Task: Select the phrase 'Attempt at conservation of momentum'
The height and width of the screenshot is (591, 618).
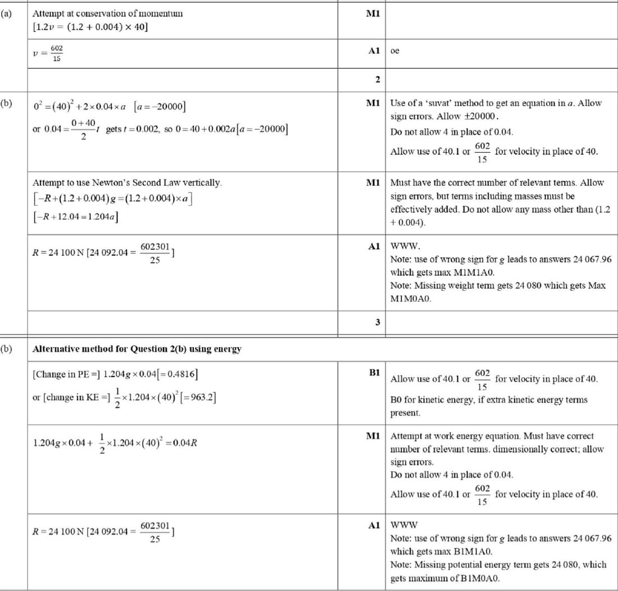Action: tap(107, 13)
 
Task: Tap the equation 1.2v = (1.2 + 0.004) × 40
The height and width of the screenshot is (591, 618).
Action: tap(90, 27)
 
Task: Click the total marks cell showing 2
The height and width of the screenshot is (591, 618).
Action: tap(378, 80)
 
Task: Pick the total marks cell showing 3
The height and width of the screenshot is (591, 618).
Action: tap(378, 322)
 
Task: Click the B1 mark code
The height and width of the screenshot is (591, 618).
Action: tap(375, 372)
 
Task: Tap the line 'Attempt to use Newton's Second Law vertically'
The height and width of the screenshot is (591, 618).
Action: tap(128, 183)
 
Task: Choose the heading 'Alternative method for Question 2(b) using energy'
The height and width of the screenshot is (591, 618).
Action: tap(137, 349)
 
